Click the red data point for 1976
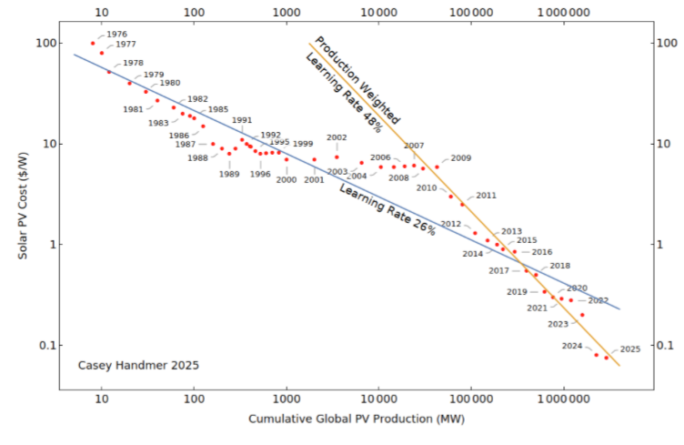(x=93, y=44)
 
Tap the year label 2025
(x=630, y=349)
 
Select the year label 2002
(x=337, y=137)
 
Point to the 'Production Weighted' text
(x=357, y=80)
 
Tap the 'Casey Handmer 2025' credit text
(x=138, y=365)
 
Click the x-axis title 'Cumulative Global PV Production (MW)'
(x=357, y=419)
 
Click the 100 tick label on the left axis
(x=45, y=44)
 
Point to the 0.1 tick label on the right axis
(x=668, y=345)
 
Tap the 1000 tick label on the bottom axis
(x=287, y=399)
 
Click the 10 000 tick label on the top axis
(x=378, y=14)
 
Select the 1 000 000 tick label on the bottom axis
(x=564, y=399)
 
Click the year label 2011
(x=487, y=196)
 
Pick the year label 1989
(x=229, y=174)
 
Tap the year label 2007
(x=414, y=146)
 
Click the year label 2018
(x=560, y=266)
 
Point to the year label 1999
(x=303, y=144)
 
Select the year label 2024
(x=572, y=346)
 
